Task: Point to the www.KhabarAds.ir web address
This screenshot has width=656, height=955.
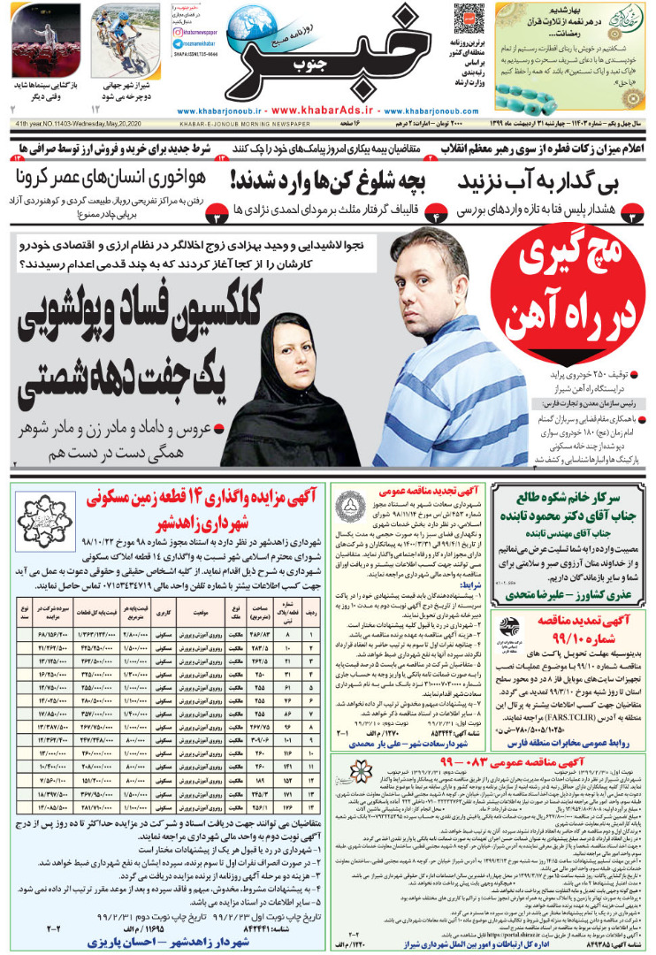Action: (328, 111)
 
